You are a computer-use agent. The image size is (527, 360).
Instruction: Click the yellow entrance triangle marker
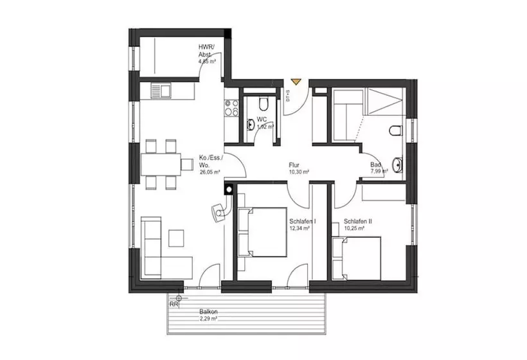pos(295,82)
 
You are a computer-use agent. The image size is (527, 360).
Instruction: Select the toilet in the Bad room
pos(395,132)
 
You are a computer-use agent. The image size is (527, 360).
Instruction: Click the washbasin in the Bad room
pos(399,165)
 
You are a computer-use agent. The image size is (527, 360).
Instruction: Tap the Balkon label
pos(208,312)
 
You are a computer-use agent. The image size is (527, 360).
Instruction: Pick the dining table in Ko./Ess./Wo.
pos(161,165)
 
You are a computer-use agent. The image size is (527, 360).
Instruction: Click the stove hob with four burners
pos(231,110)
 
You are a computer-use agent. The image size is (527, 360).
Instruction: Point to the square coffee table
pos(177,238)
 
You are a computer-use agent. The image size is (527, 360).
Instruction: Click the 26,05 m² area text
pos(210,172)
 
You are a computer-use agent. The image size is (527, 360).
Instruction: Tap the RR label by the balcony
pos(174,303)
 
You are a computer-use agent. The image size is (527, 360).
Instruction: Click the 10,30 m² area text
pos(299,172)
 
